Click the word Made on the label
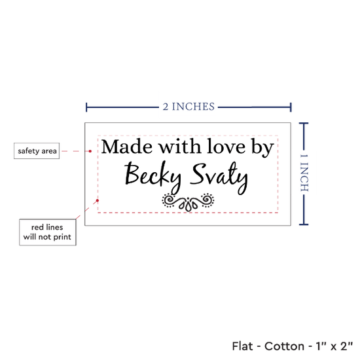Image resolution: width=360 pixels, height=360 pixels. [127, 147]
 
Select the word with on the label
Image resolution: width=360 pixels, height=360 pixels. [180, 146]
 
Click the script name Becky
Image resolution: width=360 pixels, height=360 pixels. [153, 176]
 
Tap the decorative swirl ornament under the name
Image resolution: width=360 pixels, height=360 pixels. [188, 202]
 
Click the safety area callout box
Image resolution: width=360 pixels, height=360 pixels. [37, 151]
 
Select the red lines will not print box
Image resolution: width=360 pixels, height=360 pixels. [48, 232]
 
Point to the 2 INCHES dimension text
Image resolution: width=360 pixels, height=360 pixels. [189, 107]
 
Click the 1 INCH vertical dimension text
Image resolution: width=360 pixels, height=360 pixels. [304, 173]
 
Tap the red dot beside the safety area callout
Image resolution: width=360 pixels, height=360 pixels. [90, 151]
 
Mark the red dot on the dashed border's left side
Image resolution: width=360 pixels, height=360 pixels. [98, 200]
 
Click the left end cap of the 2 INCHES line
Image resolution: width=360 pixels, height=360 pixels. [86, 107]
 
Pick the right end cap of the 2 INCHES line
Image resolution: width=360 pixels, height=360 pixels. [291, 107]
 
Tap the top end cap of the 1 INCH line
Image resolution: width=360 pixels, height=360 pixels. [304, 124]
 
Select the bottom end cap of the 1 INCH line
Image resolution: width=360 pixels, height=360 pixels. [304, 225]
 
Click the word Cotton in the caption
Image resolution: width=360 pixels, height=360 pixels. [284, 346]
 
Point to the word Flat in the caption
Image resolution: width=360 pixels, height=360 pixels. [242, 346]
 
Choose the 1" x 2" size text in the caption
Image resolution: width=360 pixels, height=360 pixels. [334, 346]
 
